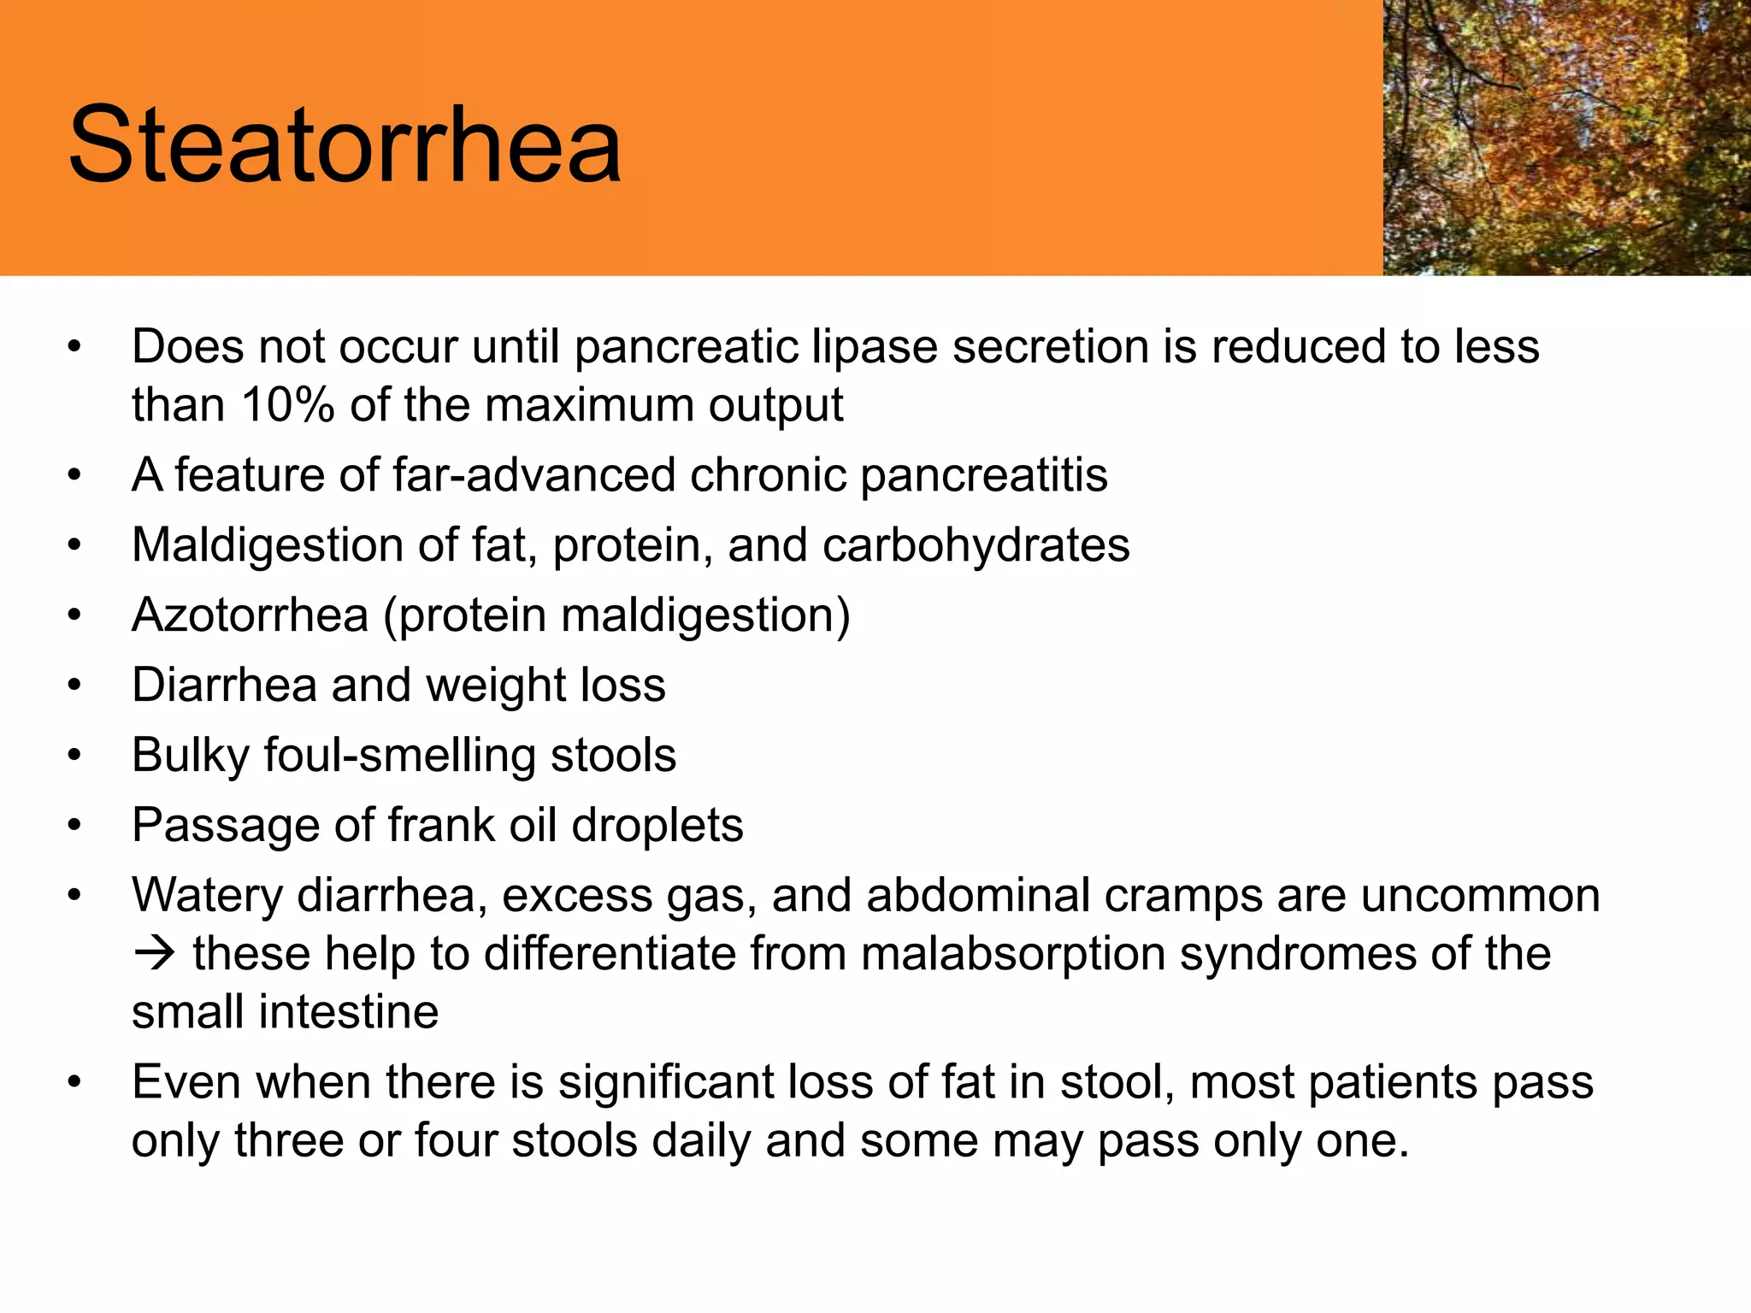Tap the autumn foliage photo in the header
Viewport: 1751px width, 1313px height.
click(1566, 137)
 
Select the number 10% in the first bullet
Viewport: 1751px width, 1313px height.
click(287, 405)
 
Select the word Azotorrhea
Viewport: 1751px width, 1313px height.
click(250, 615)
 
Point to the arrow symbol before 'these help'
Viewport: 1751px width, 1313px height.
click(155, 953)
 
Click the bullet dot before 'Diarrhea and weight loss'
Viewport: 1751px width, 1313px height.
click(75, 686)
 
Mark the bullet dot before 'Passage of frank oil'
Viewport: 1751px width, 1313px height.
click(75, 826)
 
